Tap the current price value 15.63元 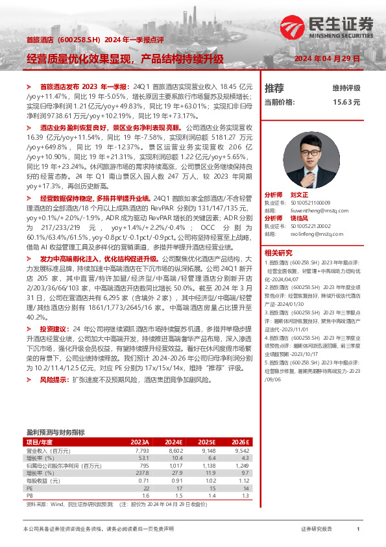coord(346,102)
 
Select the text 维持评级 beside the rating coord(346,88)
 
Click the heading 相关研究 coord(277,252)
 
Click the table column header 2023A coord(140,442)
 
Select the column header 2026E coord(241,442)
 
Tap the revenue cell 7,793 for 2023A coord(142,450)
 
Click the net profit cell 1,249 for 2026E coord(241,465)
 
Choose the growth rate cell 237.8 coord(143,473)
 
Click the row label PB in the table coord(29,496)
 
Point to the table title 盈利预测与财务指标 coord(55,432)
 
